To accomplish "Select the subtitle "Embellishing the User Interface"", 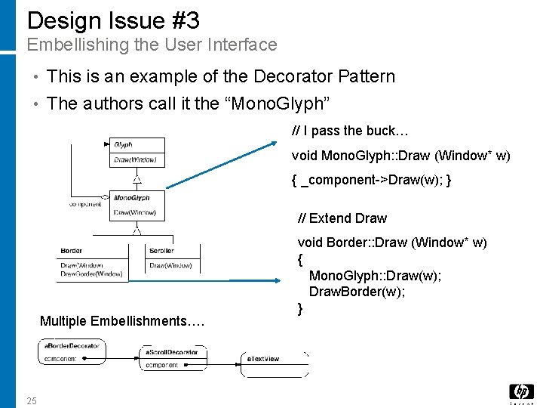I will [x=152, y=45].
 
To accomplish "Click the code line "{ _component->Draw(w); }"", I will [x=371, y=181].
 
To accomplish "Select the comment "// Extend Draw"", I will [x=342, y=218].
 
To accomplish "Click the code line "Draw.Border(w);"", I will [x=357, y=292].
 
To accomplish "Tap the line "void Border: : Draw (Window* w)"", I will [x=392, y=243].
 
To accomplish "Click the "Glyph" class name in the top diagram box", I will [x=123, y=144].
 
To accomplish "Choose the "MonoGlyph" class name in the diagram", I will [x=131, y=198].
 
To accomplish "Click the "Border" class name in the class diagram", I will [x=72, y=251].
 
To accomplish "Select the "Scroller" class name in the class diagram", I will [x=161, y=251].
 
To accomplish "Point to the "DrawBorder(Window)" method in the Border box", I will [x=91, y=274].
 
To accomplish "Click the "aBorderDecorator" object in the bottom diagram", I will [x=72, y=346].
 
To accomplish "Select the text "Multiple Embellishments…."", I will [x=121, y=321].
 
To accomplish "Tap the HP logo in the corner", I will [x=521, y=392].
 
